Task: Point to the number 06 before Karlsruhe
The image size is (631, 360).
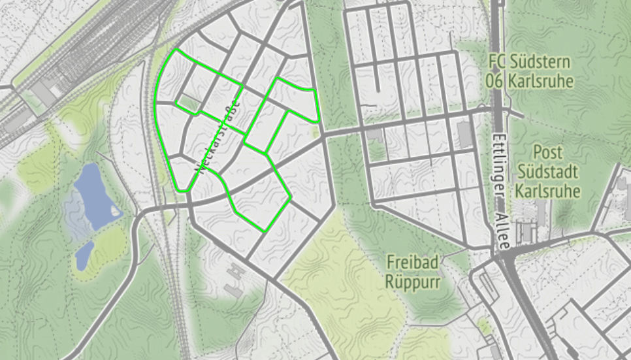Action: point(494,82)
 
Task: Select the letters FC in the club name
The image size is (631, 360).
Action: point(497,63)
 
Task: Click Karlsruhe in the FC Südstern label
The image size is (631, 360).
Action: point(539,82)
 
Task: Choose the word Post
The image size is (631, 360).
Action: point(547,152)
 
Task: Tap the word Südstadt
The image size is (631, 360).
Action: point(547,172)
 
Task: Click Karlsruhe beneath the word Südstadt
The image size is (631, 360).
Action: point(547,192)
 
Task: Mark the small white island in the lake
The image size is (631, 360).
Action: point(116,211)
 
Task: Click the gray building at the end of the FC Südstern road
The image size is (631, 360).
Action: point(465,133)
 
